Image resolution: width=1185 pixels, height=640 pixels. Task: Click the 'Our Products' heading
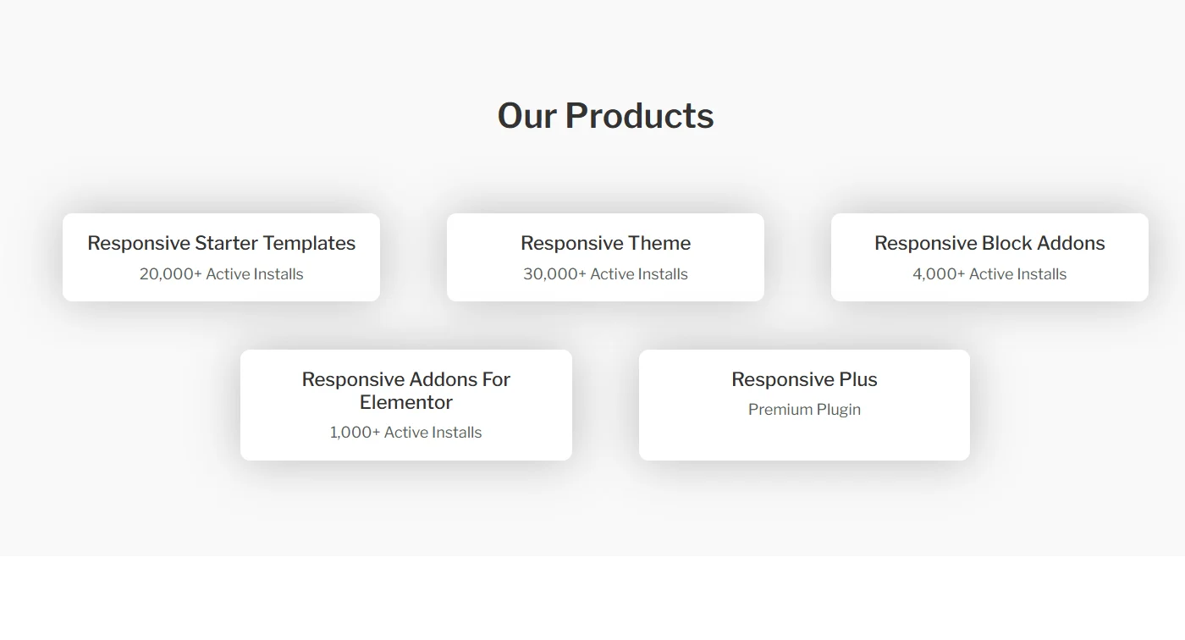[605, 116]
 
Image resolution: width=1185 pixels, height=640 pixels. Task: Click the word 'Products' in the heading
[639, 116]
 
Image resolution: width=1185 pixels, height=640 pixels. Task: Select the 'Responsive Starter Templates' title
[221, 243]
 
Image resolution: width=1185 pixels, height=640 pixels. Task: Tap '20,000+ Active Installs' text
[221, 274]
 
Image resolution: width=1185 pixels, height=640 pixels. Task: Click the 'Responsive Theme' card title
[605, 243]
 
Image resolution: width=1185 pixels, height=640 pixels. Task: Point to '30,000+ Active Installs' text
[605, 274]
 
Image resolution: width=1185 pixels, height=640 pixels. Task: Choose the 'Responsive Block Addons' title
[989, 243]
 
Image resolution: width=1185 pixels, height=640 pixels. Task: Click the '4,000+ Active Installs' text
[989, 274]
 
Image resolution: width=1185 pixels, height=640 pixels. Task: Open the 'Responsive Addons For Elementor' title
[406, 390]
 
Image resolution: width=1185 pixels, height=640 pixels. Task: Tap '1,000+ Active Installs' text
[405, 433]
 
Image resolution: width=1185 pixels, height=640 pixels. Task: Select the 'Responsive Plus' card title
[804, 379]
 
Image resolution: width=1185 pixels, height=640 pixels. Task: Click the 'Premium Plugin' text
[804, 410]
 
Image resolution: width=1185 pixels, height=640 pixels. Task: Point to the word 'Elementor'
[406, 402]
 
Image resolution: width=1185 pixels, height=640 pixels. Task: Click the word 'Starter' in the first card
[226, 243]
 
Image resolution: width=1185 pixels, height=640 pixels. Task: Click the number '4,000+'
[938, 274]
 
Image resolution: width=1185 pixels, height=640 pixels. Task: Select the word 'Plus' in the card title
[858, 379]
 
